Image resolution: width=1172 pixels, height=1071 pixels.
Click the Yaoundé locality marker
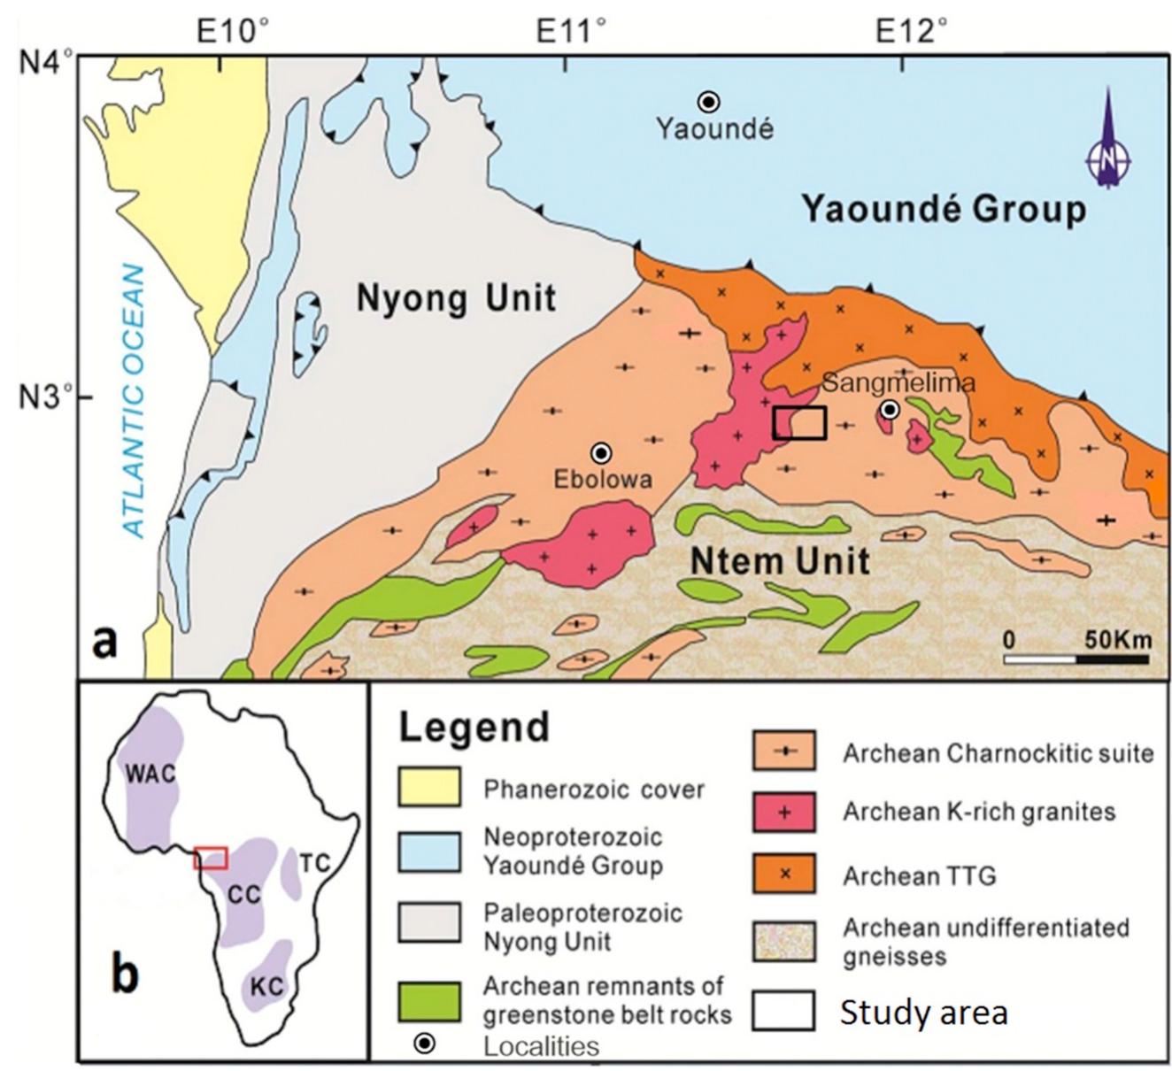[708, 102]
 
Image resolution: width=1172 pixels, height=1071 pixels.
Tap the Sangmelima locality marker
[890, 409]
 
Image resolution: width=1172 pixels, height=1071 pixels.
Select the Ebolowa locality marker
[602, 452]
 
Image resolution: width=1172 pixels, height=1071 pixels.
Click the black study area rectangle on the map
[799, 423]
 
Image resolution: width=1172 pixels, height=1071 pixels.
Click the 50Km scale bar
[1077, 658]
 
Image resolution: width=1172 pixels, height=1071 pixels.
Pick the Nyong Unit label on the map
[456, 298]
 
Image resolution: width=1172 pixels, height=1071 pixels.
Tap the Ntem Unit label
[779, 560]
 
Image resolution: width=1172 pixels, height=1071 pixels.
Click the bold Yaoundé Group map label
[944, 210]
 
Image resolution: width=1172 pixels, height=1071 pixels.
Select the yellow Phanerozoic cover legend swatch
[429, 788]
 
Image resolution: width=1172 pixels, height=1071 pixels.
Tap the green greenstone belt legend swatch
[429, 1001]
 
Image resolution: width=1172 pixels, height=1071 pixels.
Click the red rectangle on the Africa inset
[211, 857]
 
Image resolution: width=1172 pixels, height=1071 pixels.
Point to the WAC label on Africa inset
[150, 773]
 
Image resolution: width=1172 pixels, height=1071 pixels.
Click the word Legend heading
[474, 727]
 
